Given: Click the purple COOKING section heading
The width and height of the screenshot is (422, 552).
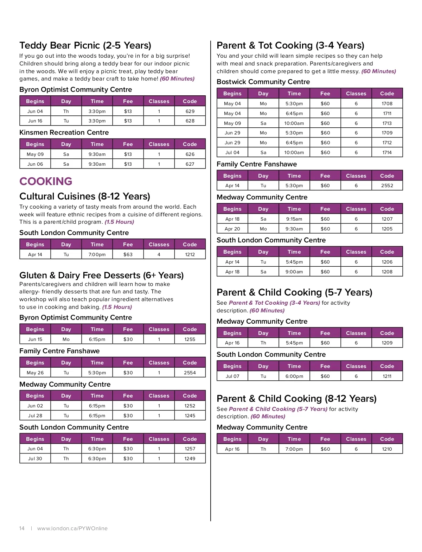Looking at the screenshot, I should (x=46, y=181).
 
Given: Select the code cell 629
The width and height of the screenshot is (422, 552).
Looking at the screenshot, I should (x=190, y=111).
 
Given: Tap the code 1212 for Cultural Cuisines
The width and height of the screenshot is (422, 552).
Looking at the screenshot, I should (x=190, y=254).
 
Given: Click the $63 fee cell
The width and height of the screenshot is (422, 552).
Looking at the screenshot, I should (x=128, y=254).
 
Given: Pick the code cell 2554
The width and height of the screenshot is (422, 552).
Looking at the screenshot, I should (x=190, y=373).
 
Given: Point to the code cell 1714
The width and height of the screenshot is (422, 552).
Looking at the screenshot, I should (x=387, y=152).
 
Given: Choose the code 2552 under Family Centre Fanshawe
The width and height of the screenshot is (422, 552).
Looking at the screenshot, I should (x=387, y=185).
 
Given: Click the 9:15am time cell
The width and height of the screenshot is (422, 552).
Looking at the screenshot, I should (x=294, y=219).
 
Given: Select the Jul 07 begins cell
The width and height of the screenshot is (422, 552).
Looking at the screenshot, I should (x=232, y=376).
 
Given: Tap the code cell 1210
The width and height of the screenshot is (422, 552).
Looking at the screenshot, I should (x=387, y=449).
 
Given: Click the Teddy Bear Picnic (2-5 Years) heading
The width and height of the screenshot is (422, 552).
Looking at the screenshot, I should (x=85, y=45).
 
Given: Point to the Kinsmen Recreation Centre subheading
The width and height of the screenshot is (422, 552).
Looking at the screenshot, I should (x=64, y=132).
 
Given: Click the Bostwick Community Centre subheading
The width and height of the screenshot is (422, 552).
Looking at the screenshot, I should (x=263, y=82).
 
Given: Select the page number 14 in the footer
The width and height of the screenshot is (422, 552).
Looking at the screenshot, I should (x=22, y=528).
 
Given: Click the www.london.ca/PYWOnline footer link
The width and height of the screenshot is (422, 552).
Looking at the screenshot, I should (x=72, y=528).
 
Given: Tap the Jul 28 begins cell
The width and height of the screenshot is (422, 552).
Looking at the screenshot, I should (x=35, y=415).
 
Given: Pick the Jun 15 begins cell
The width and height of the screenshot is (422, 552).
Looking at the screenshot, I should (x=35, y=339).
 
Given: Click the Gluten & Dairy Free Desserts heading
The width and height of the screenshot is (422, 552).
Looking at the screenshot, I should (x=101, y=275).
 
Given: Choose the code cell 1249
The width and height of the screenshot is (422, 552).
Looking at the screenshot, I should (x=190, y=458).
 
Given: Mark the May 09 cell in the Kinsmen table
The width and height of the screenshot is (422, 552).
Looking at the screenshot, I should (x=35, y=154).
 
